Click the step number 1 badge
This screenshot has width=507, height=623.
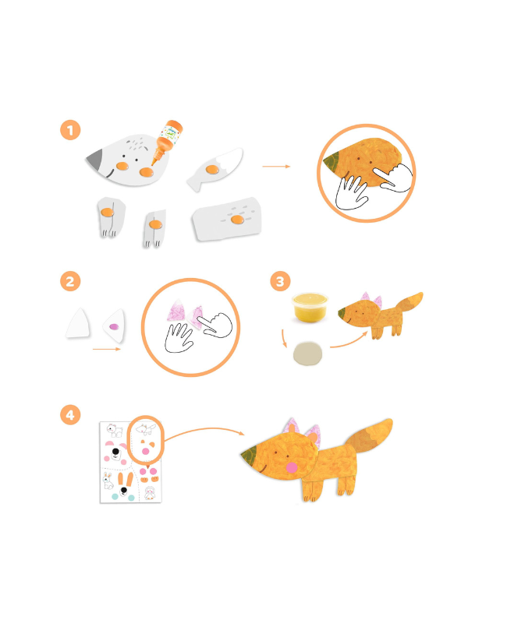coord(70,130)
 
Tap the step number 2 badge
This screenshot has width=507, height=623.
coord(70,281)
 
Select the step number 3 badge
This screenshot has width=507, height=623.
coord(280,281)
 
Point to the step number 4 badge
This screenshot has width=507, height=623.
coord(70,415)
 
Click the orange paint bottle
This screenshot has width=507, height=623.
coord(168,141)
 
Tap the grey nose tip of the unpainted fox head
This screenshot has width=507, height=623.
coord(94,159)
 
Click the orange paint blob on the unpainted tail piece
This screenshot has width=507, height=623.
coord(212,170)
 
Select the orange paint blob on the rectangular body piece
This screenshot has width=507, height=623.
coord(238,220)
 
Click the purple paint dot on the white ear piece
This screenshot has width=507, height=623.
coord(114,326)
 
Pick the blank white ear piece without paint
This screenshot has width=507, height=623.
coord(79,323)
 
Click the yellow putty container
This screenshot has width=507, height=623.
coord(310,307)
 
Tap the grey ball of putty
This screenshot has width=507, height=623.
coord(307,354)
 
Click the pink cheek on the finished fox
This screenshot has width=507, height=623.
coord(292,467)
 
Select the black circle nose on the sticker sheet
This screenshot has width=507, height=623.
coord(115,452)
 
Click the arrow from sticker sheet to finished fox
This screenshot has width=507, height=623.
coord(204,429)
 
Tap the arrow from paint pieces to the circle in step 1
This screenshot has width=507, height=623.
coord(276,167)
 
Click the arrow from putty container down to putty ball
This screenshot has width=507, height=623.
coord(283,339)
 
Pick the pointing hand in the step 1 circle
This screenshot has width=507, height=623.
coord(393,178)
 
